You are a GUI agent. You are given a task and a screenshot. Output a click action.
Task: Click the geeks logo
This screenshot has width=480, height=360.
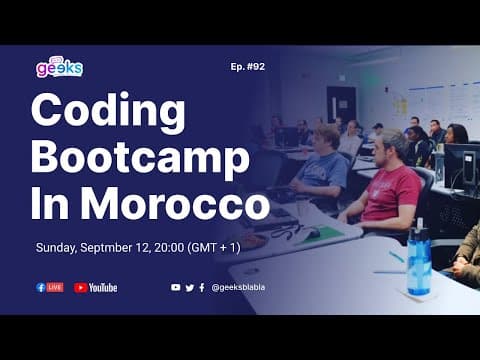pos(59,67)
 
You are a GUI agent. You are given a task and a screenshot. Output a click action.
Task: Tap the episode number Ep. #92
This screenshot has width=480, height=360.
pos(247,68)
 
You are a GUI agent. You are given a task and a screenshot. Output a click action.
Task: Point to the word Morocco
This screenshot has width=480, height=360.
pos(176,203)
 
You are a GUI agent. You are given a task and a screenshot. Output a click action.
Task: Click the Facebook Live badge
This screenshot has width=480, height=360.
pos(50,287)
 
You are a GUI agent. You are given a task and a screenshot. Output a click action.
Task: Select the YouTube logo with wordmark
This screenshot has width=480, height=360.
pos(96,287)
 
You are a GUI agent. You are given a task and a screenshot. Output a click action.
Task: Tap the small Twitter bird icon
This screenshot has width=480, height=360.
pos(189,287)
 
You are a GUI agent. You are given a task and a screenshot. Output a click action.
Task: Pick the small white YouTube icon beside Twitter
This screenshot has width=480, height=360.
pos(176,287)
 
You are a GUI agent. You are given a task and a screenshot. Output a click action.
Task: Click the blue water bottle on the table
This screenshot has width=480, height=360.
pos(418,262)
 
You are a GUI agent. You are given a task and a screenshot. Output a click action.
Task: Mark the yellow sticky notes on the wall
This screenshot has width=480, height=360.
pos(400,104)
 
